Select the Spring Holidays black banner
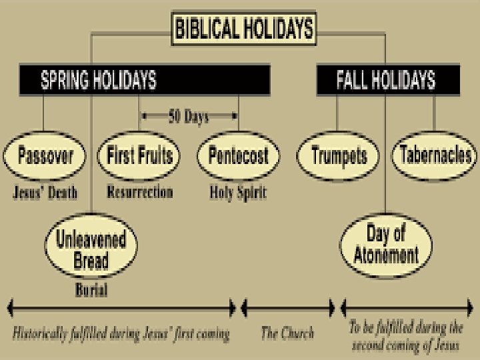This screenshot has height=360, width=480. pyautogui.click(x=144, y=80)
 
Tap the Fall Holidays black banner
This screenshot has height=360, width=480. pyautogui.click(x=385, y=80)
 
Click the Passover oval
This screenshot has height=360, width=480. pyautogui.click(x=45, y=157)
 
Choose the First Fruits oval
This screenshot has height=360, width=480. pyautogui.click(x=140, y=157)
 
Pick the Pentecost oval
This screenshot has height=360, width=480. pyautogui.click(x=238, y=157)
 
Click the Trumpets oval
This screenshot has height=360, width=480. pyautogui.click(x=339, y=157)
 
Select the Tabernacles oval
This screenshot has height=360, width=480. pyautogui.click(x=435, y=157)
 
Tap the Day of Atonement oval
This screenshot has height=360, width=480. pyautogui.click(x=383, y=245)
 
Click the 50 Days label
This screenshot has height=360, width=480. pyautogui.click(x=188, y=117)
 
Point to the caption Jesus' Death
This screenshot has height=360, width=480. pyautogui.click(x=45, y=193)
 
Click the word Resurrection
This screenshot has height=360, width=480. pyautogui.click(x=140, y=193)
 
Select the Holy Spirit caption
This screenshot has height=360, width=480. pyautogui.click(x=238, y=193)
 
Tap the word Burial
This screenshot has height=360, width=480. pyautogui.click(x=91, y=291)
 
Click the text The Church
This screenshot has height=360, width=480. pyautogui.click(x=287, y=333)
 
